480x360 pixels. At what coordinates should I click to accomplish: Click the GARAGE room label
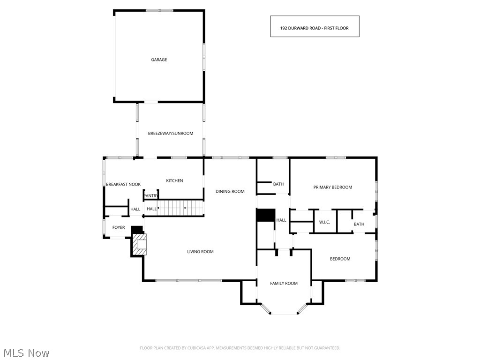click(159, 60)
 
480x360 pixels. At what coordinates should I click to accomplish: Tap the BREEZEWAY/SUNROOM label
click(171, 133)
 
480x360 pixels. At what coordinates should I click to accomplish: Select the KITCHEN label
click(174, 180)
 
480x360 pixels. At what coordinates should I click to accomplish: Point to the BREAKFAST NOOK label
click(123, 184)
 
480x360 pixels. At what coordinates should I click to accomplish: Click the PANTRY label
click(150, 195)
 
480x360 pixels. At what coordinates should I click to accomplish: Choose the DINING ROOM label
click(230, 191)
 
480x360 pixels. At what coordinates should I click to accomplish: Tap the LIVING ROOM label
click(200, 252)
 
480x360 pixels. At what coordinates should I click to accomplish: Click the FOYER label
click(119, 227)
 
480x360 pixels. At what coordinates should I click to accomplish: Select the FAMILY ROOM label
click(284, 283)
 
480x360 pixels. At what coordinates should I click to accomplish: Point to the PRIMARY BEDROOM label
click(332, 187)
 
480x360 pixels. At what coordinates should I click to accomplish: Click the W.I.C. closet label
click(324, 222)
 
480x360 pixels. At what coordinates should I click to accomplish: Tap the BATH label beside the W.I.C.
click(359, 224)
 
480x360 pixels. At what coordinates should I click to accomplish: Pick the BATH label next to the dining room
click(278, 184)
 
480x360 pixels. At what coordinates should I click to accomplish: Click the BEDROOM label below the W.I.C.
click(340, 259)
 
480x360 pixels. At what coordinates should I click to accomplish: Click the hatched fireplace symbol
click(140, 244)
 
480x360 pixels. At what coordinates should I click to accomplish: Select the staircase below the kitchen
click(180, 207)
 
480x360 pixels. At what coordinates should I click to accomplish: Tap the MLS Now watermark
click(26, 352)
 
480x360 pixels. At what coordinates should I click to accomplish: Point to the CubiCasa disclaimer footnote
click(240, 348)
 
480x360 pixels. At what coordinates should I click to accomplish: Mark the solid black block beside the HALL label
click(265, 215)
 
